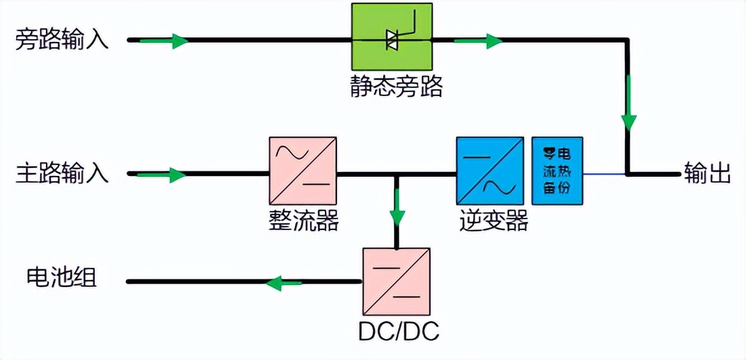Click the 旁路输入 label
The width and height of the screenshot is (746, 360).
tap(62, 41)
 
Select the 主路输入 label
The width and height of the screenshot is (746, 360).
tap(62, 174)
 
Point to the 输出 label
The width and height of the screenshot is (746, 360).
tap(707, 174)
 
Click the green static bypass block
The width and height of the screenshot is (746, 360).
tap(391, 37)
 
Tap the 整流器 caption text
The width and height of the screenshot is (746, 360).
tap(303, 221)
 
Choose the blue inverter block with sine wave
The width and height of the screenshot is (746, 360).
tap(489, 170)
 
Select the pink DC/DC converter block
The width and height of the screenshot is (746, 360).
tap(396, 280)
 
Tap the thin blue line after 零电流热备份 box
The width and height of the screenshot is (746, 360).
tap(604, 174)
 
